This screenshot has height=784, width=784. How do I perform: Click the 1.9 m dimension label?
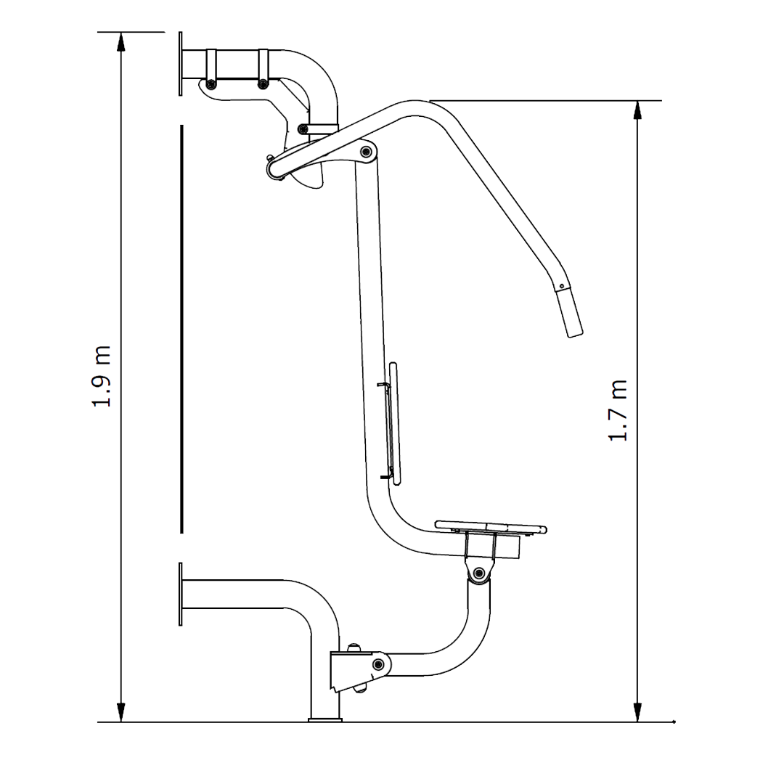click(x=101, y=376)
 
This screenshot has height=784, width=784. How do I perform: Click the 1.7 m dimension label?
click(x=618, y=410)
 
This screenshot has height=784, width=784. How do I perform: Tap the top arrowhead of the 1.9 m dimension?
click(x=121, y=42)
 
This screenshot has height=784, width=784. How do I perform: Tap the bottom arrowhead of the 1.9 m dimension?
click(x=121, y=712)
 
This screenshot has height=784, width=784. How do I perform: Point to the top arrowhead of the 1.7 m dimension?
click(x=637, y=110)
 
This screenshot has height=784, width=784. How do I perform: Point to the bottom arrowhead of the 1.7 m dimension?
click(x=637, y=712)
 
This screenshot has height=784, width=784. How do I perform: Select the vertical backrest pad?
click(x=394, y=423)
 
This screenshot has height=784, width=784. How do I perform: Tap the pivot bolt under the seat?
click(x=479, y=573)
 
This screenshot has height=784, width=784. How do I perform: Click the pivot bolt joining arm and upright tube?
click(x=366, y=152)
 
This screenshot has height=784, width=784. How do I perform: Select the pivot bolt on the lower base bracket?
click(x=378, y=664)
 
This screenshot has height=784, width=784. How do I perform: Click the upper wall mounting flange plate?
click(x=181, y=63)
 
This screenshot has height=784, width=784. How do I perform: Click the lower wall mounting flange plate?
click(x=181, y=594)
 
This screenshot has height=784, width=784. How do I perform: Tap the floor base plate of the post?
click(x=325, y=720)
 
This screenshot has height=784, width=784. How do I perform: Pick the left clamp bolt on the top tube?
click(x=211, y=84)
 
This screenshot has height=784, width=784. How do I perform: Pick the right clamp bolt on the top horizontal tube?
click(x=263, y=84)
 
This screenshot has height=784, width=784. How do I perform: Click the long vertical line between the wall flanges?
click(x=181, y=329)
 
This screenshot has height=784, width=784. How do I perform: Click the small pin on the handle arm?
click(x=561, y=287)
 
